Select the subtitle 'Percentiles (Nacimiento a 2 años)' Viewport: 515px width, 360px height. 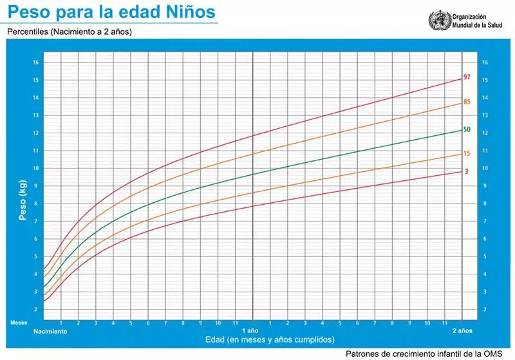(x=70, y=31)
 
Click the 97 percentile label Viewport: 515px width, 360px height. (x=467, y=78)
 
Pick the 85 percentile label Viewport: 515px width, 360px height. (x=467, y=102)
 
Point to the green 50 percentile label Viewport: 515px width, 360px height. (x=467, y=129)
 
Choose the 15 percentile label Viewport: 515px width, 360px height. (x=467, y=154)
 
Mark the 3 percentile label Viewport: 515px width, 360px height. (x=466, y=171)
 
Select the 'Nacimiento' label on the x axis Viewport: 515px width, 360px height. (x=50, y=331)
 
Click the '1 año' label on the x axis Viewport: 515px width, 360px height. (x=252, y=330)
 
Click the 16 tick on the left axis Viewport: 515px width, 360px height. (x=36, y=62)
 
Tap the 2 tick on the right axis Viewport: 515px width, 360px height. (x=485, y=309)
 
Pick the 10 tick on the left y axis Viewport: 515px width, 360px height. (x=36, y=168)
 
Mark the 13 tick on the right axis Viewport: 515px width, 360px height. (x=485, y=115)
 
